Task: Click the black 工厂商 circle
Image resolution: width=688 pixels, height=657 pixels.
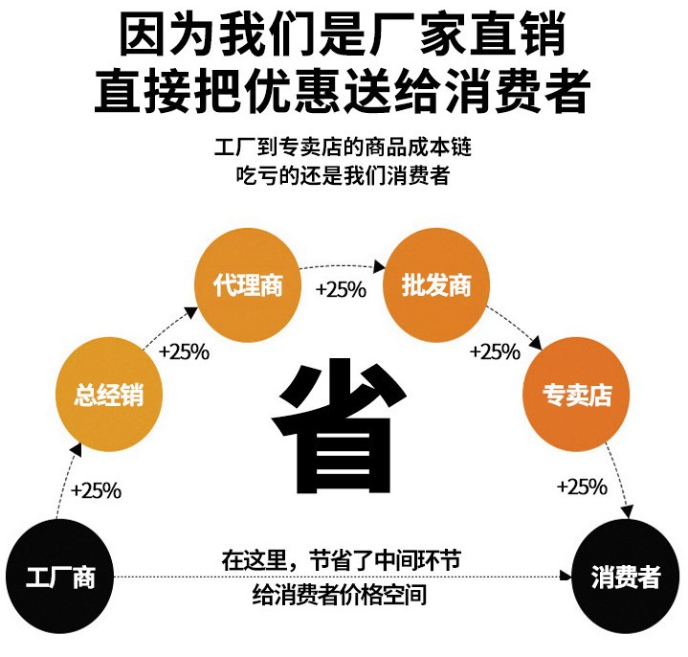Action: [x=61, y=578]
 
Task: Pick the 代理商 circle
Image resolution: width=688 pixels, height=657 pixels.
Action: [x=249, y=284]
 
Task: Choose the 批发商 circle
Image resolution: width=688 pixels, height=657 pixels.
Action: [x=436, y=284]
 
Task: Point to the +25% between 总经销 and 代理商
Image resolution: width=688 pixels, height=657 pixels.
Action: [x=184, y=351]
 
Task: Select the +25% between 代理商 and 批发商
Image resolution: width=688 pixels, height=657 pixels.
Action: [x=341, y=289]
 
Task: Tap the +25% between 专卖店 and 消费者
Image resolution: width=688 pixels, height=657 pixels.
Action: [x=582, y=487]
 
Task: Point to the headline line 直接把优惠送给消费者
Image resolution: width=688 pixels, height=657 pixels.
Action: [x=343, y=92]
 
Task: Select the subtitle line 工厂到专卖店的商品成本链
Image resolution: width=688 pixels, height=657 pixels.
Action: [x=344, y=148]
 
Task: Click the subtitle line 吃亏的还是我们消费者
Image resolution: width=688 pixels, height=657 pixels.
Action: [x=344, y=177]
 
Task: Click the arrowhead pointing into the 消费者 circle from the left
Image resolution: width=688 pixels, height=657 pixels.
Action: [x=566, y=578]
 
